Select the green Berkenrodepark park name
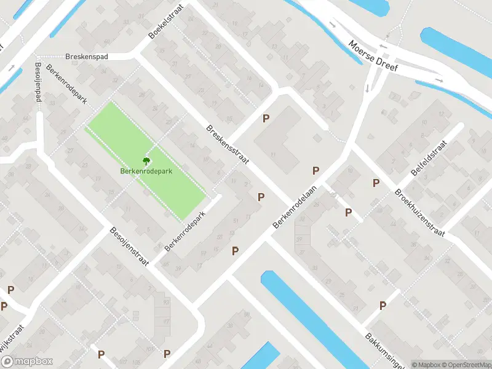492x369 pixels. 146,171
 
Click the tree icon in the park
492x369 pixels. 146,161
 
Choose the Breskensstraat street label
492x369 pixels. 227,145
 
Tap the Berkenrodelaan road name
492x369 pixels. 295,208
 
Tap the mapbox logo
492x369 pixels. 30,361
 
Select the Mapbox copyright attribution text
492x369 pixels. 426,365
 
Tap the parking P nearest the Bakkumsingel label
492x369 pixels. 383,305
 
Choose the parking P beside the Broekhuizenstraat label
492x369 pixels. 375,183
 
